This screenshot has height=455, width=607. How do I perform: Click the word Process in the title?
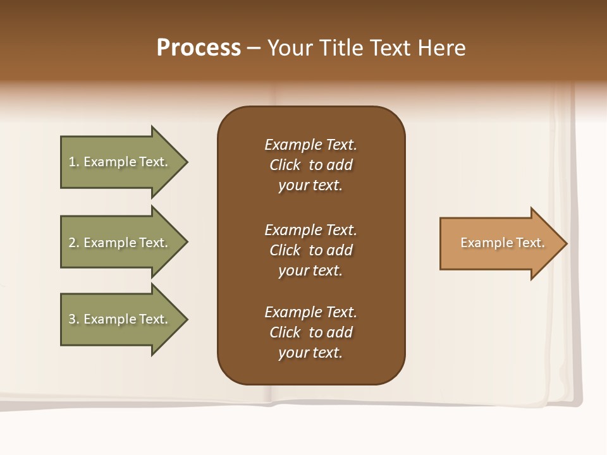(x=199, y=48)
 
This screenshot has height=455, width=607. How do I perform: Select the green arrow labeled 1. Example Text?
(x=118, y=162)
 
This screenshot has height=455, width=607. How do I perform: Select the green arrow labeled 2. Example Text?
(x=118, y=243)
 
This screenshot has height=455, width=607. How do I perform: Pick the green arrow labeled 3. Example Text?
(x=118, y=319)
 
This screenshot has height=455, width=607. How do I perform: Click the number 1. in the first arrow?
(x=73, y=162)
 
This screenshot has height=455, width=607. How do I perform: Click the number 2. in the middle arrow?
(x=73, y=243)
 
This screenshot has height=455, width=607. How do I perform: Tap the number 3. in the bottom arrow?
(x=73, y=319)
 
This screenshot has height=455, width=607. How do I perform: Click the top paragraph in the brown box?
(x=310, y=165)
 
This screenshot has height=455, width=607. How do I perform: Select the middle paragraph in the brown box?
(x=310, y=250)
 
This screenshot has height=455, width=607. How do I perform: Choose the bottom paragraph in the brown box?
(x=310, y=332)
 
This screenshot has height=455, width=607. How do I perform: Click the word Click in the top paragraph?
(x=285, y=165)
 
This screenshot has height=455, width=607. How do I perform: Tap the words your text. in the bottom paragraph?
(x=310, y=353)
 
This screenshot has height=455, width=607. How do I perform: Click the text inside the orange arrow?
(x=502, y=243)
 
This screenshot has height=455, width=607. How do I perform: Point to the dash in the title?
(x=254, y=48)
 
